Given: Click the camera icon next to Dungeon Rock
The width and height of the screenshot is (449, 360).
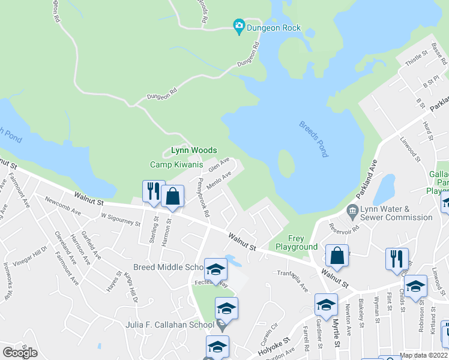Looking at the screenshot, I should click(x=239, y=25).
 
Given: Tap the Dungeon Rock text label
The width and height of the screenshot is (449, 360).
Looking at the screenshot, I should click(x=274, y=28).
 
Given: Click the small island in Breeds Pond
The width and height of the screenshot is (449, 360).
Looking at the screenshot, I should click(x=286, y=163).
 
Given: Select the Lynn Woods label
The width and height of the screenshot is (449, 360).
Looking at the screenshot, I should click(x=193, y=150).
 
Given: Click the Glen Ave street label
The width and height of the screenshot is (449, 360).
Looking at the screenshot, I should click(x=220, y=164).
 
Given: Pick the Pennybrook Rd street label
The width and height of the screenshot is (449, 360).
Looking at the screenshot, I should click(x=202, y=197).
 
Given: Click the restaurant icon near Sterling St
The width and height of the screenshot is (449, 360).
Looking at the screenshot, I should click(x=152, y=191).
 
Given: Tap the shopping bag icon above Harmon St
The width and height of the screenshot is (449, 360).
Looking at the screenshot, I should click(x=172, y=196).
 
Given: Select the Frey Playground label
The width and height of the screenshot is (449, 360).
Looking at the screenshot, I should click(x=296, y=242).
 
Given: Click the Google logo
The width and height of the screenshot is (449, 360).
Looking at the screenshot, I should click(x=20, y=352).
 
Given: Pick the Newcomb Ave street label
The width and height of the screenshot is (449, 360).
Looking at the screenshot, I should click(x=62, y=208).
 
